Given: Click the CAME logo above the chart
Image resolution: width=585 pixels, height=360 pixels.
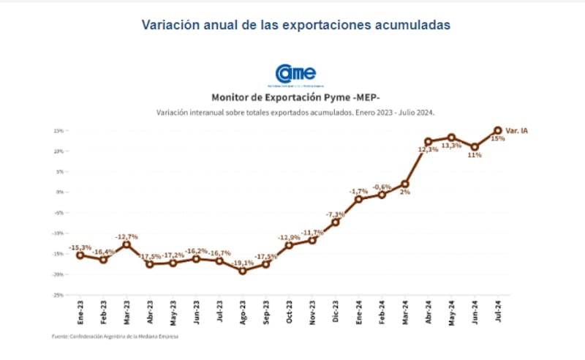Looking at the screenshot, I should click(295, 74).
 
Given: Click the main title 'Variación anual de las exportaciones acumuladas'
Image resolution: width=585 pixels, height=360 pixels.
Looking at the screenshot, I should click(295, 24).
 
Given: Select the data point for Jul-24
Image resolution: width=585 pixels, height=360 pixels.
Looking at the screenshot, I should click(498, 130).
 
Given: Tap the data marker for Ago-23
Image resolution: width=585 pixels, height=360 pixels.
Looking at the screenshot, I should click(243, 271).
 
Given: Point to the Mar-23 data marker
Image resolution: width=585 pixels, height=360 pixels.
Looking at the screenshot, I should click(127, 244).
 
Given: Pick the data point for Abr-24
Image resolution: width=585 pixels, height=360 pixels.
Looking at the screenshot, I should click(428, 142).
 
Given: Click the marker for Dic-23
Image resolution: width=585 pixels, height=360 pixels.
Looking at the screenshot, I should click(336, 222).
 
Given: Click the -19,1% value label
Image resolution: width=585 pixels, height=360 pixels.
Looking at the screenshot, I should click(243, 262).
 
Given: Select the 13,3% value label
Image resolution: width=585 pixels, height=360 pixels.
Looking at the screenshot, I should click(450, 146).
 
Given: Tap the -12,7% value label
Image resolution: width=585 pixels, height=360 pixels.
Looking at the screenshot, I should click(127, 236).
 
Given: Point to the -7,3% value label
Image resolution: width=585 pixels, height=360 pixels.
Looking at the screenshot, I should click(336, 214).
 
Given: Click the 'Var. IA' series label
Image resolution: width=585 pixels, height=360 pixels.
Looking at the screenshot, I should click(516, 130).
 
